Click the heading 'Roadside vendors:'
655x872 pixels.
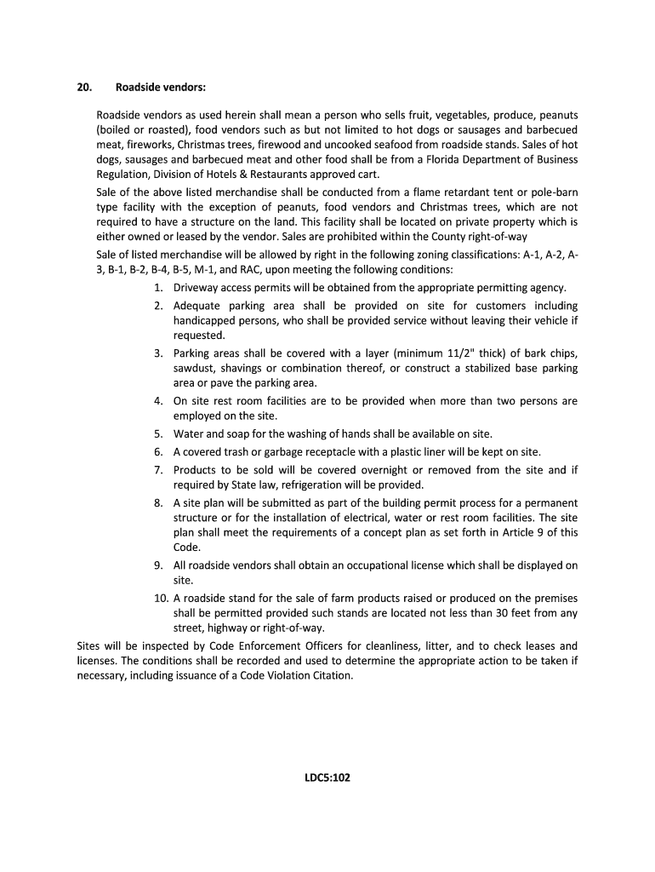[x=160, y=88]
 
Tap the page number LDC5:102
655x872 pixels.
[x=327, y=777]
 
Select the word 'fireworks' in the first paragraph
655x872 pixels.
[x=145, y=144]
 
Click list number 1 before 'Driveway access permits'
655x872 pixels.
[x=159, y=288]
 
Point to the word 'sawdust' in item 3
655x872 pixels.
[x=194, y=368]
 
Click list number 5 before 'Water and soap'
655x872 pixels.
[x=159, y=433]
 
